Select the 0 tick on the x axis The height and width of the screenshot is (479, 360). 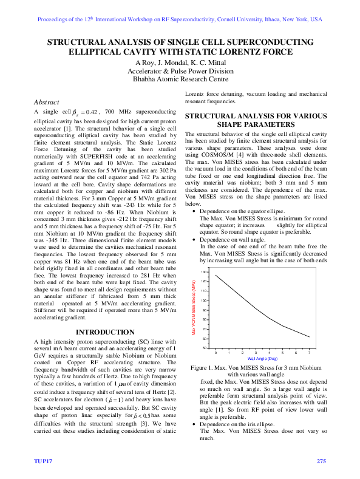(216, 352)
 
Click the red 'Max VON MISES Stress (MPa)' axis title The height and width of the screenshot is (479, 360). (194, 309)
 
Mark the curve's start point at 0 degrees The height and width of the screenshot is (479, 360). (216, 275)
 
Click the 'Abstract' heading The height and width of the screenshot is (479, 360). (47, 101)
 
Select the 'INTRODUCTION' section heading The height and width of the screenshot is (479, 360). (101, 332)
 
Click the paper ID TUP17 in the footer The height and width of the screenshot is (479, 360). (42, 462)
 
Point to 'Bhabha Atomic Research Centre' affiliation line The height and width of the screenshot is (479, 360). (180, 78)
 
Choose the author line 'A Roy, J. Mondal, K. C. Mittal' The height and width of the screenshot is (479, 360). (180, 63)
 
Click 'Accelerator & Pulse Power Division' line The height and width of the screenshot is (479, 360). (180, 70)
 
